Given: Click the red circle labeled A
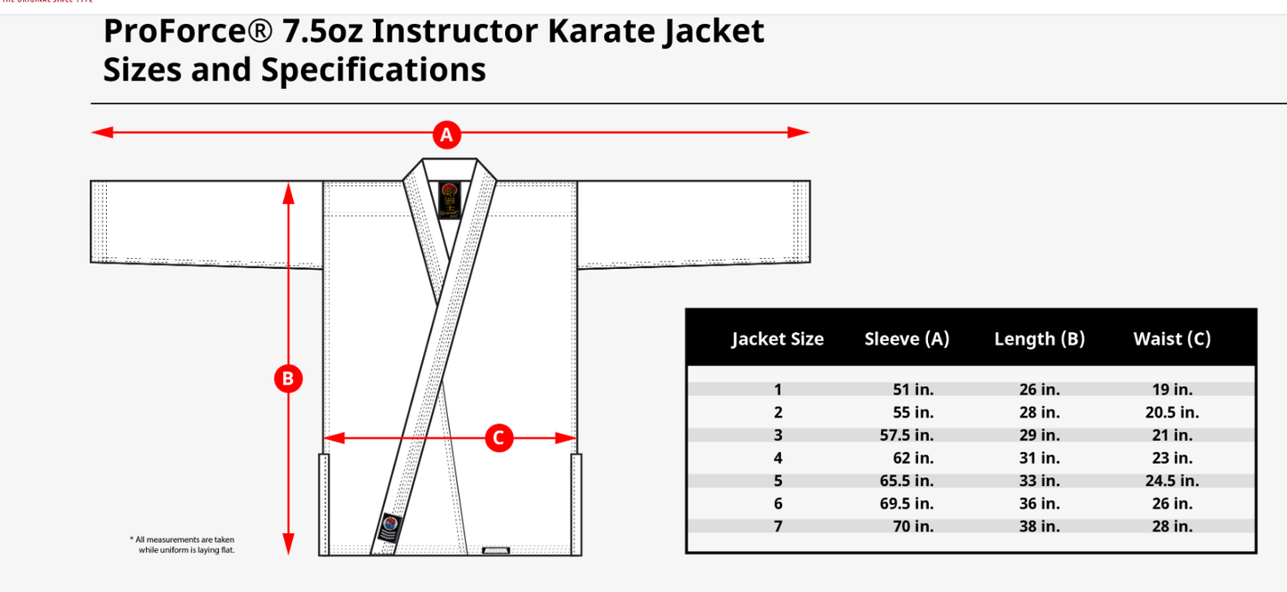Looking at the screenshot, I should point(446,135).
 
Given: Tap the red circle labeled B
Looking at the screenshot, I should point(287,379).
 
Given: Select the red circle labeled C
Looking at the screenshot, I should point(499,437).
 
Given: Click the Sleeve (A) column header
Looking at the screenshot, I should point(907,338).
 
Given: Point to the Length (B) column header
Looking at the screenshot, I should point(1039,338).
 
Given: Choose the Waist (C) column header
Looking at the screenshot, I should point(1171,338).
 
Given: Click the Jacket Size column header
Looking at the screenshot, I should point(778,338).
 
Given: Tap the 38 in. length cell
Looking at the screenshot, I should point(1039,526).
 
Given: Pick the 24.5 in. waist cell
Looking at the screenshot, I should point(1171,481).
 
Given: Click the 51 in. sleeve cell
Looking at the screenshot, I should point(913,389).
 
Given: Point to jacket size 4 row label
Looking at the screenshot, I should point(778,458).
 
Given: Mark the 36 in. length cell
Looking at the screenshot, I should point(1039,504).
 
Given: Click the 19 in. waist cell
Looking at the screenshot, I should point(1171,389).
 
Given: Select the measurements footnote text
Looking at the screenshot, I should point(183,545).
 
